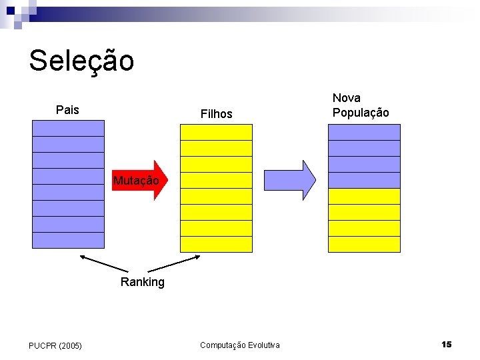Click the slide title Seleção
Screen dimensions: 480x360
81,61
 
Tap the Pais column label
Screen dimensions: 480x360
67,110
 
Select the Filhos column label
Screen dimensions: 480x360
217,114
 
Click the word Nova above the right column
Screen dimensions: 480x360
347,98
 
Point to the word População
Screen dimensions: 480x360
361,113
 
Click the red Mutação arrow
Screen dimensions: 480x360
141,181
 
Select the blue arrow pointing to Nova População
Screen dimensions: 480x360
290,180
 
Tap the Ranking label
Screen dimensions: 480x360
142,282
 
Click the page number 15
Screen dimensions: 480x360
447,344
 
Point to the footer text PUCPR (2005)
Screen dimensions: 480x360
55,345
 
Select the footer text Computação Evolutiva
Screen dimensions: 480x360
240,345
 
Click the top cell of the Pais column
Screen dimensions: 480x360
69,128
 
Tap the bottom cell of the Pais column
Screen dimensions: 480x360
69,240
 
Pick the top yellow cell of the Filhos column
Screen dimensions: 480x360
217,132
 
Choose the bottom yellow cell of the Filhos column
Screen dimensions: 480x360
217,244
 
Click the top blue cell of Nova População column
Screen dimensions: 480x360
364,132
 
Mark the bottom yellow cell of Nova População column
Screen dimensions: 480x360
364,244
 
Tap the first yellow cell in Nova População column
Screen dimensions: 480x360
364,196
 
